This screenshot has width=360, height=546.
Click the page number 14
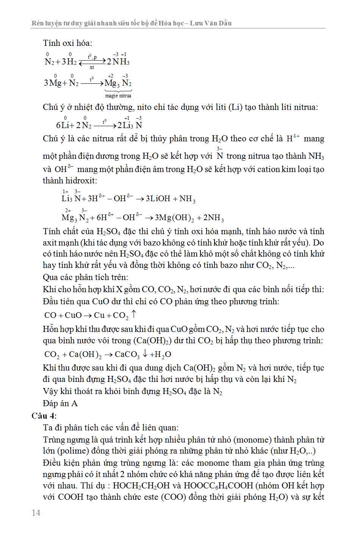pos(36,513)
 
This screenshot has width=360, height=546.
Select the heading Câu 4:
pos(44,416)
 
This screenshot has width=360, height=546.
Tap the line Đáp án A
pos(60,403)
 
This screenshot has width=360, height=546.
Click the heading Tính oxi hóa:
pos(67,43)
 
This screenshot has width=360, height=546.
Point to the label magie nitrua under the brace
pos(118,96)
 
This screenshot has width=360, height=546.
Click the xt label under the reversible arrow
pos(92,67)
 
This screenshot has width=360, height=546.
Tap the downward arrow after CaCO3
pos(145,354)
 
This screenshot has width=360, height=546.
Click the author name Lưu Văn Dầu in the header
pos(210,23)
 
